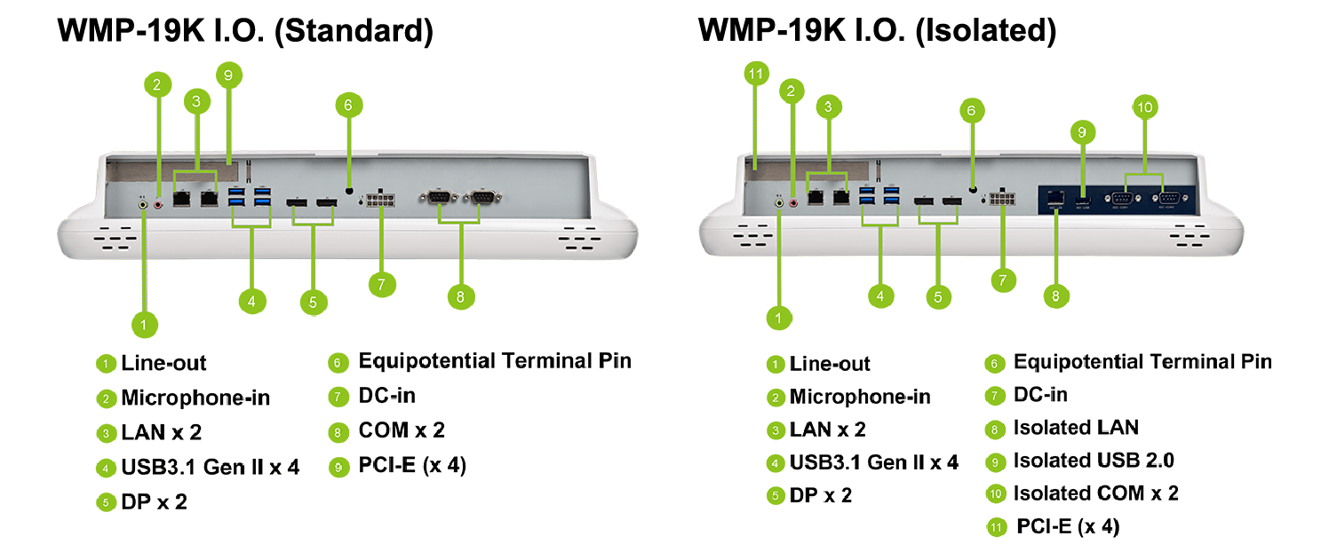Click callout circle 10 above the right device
tap(1145, 106)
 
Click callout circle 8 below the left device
tap(459, 297)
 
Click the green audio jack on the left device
tap(145, 203)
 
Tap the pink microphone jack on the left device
tap(160, 203)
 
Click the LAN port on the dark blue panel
tap(1056, 198)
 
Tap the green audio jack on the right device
tap(779, 203)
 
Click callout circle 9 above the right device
tap(1082, 132)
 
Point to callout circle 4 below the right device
tap(879, 296)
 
